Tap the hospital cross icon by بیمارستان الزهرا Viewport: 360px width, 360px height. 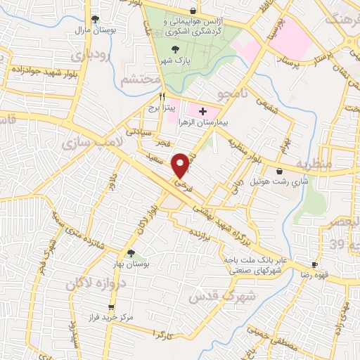pos(203,111)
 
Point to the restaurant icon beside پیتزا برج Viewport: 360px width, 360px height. pos(162,96)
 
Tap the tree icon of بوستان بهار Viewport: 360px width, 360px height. pos(131,253)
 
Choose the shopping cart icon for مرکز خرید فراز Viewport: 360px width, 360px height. pos(111,308)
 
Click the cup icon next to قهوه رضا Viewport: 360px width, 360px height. pos(316,266)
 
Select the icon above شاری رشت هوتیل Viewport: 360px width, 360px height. pos(280,171)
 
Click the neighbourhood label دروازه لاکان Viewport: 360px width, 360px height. pos(91,283)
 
